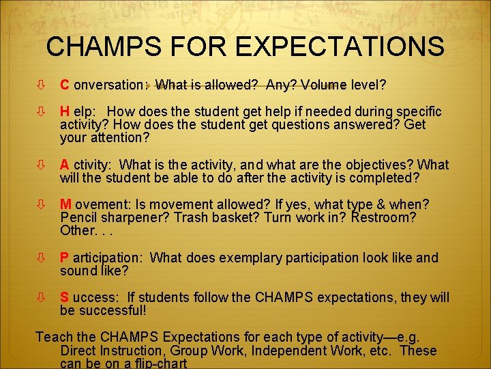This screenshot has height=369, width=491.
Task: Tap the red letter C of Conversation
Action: click(65, 85)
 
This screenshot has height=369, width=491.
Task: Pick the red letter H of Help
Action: click(65, 111)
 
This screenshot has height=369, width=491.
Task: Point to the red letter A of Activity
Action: click(65, 165)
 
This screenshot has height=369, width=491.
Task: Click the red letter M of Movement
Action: click(66, 204)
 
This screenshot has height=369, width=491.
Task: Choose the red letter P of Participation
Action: click(65, 258)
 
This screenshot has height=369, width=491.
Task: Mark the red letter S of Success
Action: click(65, 297)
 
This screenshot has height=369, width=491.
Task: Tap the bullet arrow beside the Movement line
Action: click(42, 205)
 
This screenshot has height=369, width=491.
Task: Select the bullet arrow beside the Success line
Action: click(42, 298)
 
